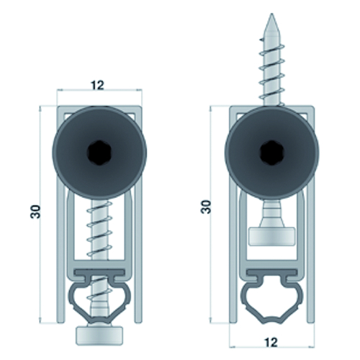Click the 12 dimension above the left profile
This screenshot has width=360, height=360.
[97, 86]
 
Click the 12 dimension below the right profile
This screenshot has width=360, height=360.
[271, 342]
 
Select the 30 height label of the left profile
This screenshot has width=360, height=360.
[35, 212]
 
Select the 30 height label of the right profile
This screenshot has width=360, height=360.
[206, 207]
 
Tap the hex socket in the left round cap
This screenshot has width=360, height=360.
[99, 152]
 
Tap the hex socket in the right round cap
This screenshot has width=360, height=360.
[271, 152]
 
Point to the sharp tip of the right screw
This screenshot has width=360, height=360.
[271, 14]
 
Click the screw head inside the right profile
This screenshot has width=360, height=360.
[271, 237]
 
